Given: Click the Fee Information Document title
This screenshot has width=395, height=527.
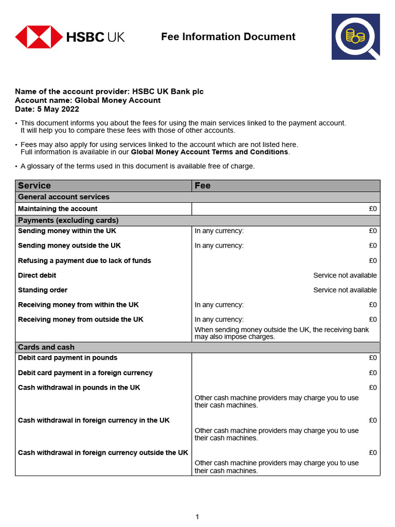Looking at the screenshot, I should tap(228, 37).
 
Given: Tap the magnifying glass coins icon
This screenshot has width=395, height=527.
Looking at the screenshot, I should tap(355, 37).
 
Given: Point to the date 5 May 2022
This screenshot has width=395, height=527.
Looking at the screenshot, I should tap(58, 109).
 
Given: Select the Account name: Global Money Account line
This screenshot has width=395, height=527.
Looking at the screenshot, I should tap(87, 100).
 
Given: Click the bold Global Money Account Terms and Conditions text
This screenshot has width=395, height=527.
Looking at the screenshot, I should tap(209, 152).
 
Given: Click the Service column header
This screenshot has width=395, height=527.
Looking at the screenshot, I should tap(34, 185).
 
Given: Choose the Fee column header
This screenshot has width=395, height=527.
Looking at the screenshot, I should tap(203, 185).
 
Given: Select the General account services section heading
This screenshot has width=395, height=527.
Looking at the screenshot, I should tap(64, 197).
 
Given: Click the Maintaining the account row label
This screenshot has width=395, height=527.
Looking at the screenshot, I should tap(58, 209).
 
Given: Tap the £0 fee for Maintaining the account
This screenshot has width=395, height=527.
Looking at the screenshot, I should tap(372, 209).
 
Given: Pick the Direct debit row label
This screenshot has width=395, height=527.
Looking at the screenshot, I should tap(37, 275).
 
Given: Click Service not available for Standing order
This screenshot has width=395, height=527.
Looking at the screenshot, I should tap(345, 290).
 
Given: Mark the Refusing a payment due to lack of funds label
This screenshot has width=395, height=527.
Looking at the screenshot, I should tap(84, 260).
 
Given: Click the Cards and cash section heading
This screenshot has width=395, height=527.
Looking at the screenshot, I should tap(46, 347).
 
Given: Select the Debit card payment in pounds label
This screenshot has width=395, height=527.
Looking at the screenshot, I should tap(67, 358).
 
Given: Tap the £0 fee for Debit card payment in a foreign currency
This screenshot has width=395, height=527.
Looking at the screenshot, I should tap(372, 373).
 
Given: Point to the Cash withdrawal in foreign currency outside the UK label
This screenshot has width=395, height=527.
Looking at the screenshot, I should tap(103, 453).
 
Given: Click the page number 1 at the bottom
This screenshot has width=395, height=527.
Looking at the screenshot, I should tap(197, 517).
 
